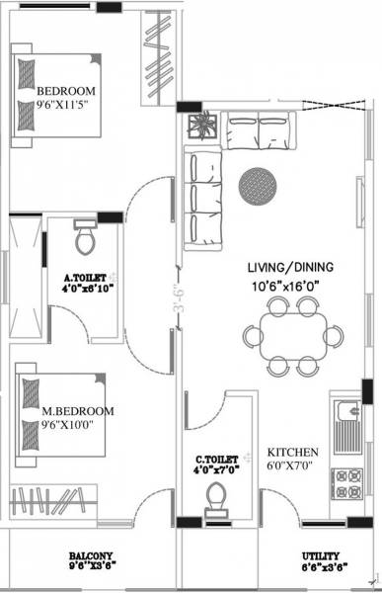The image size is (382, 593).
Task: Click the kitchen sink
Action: (x=349, y=420)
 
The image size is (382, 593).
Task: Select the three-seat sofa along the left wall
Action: (x=204, y=193)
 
